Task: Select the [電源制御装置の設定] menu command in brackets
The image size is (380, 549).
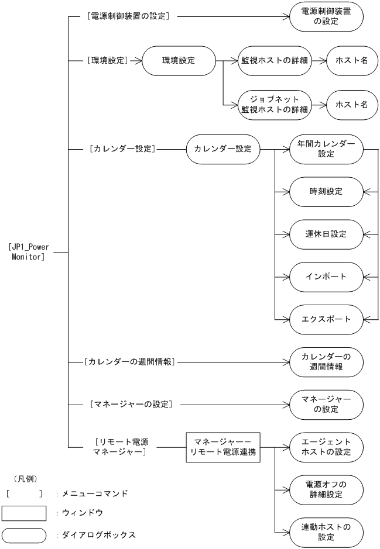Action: pos(128,17)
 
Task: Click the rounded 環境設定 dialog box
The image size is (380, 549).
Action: pos(179,60)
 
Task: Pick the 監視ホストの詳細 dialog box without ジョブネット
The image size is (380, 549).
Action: pos(275,60)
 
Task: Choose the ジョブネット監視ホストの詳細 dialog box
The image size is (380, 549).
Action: pos(275,105)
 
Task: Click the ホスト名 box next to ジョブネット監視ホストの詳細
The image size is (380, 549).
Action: pos(351,105)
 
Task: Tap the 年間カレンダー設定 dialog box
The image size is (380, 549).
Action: pos(327,149)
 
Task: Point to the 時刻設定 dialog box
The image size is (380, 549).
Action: pos(327,191)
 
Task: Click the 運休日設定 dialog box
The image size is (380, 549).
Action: pos(327,234)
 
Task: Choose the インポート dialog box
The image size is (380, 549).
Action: pos(327,277)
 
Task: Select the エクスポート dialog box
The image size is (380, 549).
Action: pos(327,319)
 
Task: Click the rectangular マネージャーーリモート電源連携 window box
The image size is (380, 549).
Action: pos(223,447)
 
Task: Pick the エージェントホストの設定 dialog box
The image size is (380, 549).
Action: pos(327,447)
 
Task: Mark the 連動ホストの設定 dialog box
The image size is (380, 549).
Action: pos(327,532)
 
